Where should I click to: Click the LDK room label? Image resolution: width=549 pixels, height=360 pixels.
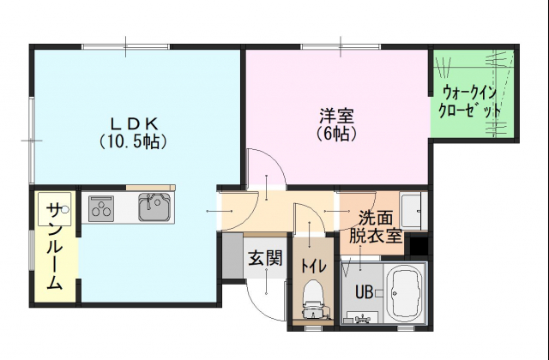point(134,123)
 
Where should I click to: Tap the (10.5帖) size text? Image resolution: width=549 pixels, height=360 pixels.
point(133,141)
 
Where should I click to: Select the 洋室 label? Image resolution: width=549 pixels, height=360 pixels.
point(336,116)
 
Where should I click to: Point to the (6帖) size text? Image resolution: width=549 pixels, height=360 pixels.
point(336,133)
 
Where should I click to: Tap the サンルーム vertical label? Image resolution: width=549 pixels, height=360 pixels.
point(55,246)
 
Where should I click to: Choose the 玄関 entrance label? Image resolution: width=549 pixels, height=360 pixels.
point(265,259)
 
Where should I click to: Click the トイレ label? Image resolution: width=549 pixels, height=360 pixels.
point(314,267)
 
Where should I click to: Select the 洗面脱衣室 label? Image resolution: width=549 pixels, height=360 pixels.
point(376,227)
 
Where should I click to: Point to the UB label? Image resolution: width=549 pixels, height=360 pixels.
point(364,291)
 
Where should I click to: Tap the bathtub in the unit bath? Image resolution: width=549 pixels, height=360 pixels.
point(406,293)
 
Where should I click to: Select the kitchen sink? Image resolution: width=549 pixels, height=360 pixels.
point(154,207)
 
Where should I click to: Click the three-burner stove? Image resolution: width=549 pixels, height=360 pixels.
point(101,208)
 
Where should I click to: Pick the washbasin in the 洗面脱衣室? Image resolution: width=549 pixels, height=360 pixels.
point(411,211)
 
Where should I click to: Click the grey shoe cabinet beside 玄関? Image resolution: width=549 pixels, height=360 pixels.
point(232,255)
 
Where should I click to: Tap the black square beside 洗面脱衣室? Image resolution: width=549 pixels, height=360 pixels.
point(419,246)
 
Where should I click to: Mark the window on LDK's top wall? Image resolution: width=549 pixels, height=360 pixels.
point(126,46)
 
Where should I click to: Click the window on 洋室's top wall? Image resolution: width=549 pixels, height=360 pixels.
point(341,46)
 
